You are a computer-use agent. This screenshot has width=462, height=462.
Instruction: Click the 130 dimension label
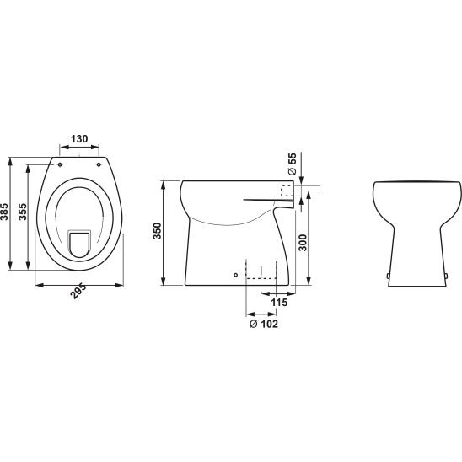pos(79,138)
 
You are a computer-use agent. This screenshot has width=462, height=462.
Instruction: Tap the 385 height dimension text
pos(4,212)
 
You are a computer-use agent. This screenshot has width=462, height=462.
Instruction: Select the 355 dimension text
pos(23,212)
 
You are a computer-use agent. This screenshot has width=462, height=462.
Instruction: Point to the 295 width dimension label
pos(79,292)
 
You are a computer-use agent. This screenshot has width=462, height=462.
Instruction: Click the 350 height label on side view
pos(158,231)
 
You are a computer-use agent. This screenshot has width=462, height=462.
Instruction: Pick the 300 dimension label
pos(303,243)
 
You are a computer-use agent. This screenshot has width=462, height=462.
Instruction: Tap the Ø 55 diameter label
pos(292,164)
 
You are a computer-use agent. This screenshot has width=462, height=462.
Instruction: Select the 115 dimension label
pos(279,303)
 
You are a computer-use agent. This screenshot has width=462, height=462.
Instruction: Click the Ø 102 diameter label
pos(264,324)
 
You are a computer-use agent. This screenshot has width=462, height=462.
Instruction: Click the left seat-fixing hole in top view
pos(60,164)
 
